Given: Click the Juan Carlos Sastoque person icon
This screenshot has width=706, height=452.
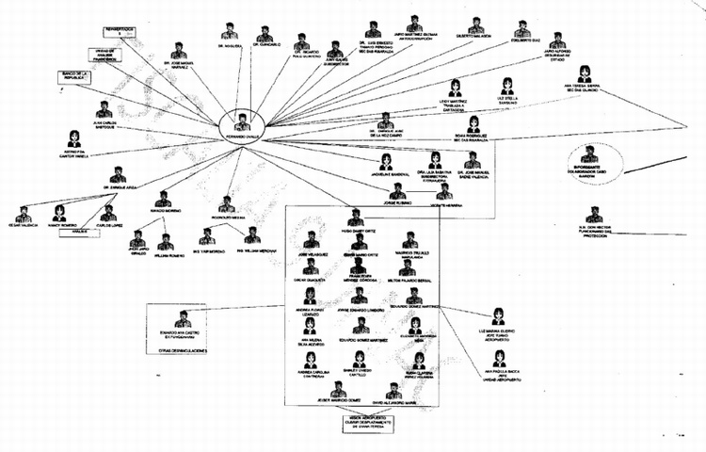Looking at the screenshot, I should [104, 109].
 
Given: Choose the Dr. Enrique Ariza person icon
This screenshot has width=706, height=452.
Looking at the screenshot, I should [118, 174].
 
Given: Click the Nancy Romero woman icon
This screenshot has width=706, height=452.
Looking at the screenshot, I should [59, 213].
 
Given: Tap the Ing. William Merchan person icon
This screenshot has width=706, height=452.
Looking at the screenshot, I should [252, 234].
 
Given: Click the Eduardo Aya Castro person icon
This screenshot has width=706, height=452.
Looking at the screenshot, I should [183, 318].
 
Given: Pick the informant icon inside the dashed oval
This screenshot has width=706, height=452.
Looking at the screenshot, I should [589, 153].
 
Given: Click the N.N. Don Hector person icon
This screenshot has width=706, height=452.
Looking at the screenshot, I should [594, 216].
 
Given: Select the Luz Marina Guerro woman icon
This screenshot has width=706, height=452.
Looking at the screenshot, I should [498, 317].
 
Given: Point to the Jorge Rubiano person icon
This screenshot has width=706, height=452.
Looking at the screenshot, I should [398, 191].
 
